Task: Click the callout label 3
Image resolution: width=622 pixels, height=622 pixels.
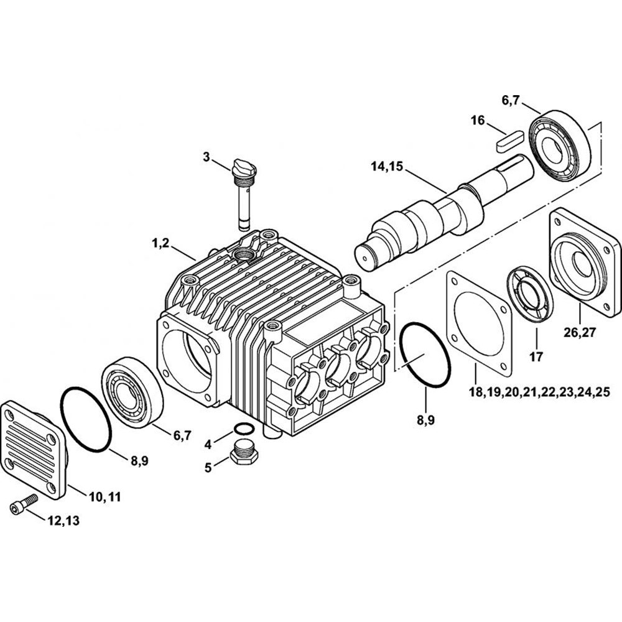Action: click(207, 157)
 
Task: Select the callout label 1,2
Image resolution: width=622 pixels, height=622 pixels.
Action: click(160, 244)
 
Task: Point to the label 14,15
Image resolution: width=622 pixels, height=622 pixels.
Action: click(387, 166)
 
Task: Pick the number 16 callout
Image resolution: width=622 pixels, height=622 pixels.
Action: click(478, 120)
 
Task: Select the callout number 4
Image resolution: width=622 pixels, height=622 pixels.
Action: click(208, 445)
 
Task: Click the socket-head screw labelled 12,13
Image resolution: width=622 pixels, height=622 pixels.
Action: click(24, 502)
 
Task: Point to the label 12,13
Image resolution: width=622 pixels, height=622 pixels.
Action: click(63, 521)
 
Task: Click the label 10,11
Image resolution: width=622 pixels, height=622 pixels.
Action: click(104, 496)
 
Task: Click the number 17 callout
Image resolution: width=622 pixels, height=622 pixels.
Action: click(536, 357)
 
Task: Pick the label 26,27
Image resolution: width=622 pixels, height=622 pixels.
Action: click(580, 332)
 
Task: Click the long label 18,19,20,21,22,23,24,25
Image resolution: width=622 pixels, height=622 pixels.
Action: click(539, 392)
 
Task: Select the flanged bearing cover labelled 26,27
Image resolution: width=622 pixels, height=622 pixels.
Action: click(585, 262)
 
